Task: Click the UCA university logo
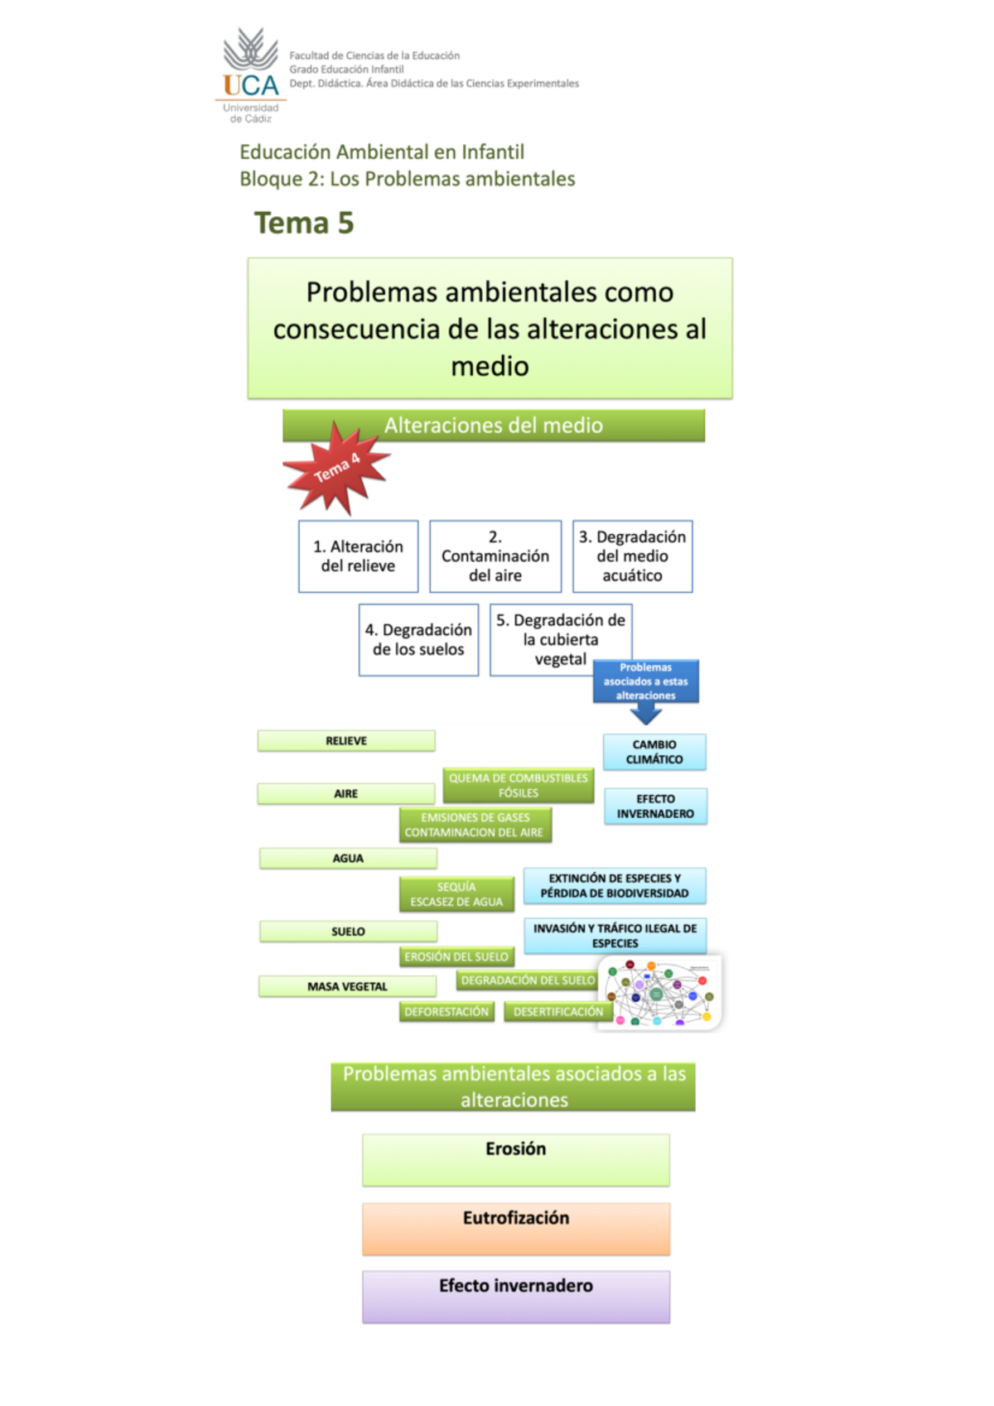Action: (x=251, y=75)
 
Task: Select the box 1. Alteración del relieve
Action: (x=358, y=556)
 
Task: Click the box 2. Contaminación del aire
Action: (x=495, y=556)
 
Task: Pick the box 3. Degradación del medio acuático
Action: (x=632, y=556)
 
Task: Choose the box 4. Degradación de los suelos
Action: (x=418, y=640)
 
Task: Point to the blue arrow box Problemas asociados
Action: (x=645, y=682)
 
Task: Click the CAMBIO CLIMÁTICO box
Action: (x=654, y=752)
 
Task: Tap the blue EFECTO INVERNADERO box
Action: (x=655, y=807)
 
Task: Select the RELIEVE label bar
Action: (x=346, y=741)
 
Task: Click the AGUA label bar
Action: (x=348, y=859)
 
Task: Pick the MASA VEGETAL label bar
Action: (x=347, y=987)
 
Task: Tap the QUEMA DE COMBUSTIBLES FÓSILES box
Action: (x=518, y=786)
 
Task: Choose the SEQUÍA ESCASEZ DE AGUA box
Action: (x=456, y=894)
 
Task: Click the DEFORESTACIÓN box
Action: (x=446, y=1012)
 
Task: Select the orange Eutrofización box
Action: (x=515, y=1229)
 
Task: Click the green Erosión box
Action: (x=515, y=1160)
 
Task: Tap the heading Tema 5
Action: (x=304, y=224)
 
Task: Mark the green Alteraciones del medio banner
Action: (x=494, y=426)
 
